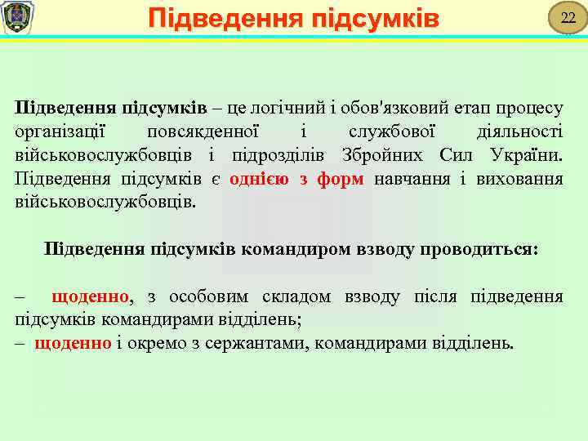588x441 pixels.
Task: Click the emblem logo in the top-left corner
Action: point(17,17)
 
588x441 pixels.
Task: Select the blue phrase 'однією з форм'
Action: point(296,179)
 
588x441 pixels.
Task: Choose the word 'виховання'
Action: point(524,179)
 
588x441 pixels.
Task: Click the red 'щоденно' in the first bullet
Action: point(90,296)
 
